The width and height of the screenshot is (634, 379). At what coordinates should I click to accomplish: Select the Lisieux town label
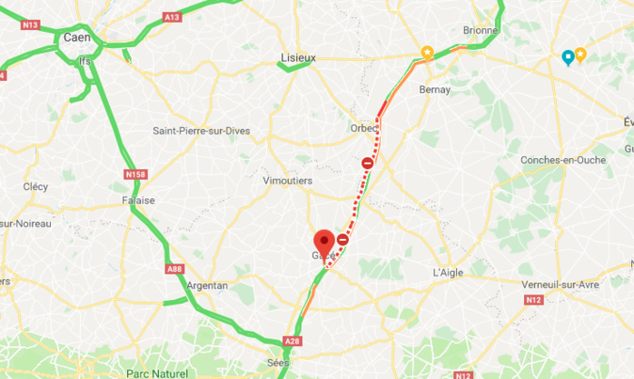click(x=298, y=58)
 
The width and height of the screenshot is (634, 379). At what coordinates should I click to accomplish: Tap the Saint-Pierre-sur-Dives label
click(x=202, y=131)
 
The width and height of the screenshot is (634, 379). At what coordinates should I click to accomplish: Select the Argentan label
click(x=208, y=286)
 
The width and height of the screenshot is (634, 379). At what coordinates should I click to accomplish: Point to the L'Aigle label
click(x=449, y=272)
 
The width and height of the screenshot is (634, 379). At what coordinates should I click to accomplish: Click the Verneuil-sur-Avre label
click(x=563, y=284)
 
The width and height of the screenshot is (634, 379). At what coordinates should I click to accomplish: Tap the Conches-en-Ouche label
click(x=563, y=160)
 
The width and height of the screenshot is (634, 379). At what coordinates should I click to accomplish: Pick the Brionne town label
click(x=481, y=30)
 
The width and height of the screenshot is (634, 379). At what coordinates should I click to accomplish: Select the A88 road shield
click(x=174, y=268)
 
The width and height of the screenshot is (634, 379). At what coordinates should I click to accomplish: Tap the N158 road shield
click(x=135, y=173)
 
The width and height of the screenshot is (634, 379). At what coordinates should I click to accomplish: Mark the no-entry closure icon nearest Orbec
click(x=368, y=163)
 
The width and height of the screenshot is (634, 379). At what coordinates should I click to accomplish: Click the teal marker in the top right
click(x=567, y=57)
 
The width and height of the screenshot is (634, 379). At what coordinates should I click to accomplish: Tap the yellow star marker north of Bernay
click(x=427, y=53)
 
